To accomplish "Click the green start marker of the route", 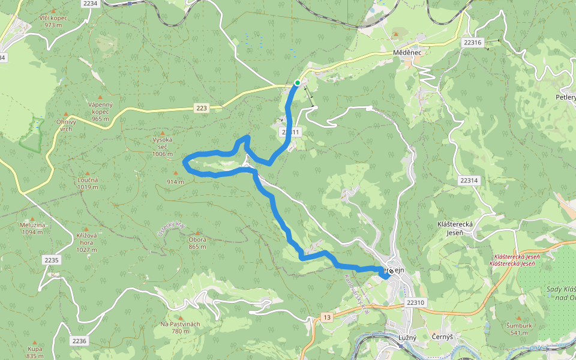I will tap(297, 83).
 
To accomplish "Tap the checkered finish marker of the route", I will tap(391, 271).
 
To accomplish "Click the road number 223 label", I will tap(201, 108).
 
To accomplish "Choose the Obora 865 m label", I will tap(197, 243).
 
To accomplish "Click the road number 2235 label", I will tap(52, 260).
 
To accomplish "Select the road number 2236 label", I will tap(79, 341).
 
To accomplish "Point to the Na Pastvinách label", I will tap(180, 328).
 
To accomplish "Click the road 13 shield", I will tap(326, 317).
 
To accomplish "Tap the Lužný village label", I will tap(407, 337).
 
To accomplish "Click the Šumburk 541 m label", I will tap(518, 329).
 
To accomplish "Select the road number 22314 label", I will tap(469, 180).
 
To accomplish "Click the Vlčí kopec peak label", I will tap(53, 21).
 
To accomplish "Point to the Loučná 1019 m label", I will tap(88, 183).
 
